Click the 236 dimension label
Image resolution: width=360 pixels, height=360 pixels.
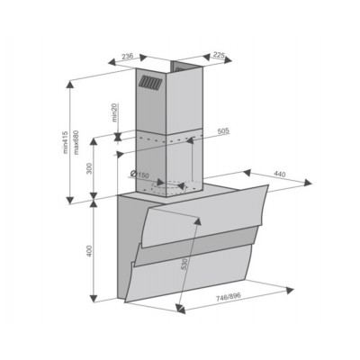tap(127, 56)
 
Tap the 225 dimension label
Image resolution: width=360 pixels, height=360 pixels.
tap(219, 54)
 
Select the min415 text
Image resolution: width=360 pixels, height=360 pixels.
tap(66, 142)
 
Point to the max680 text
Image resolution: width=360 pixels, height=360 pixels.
tap(76, 142)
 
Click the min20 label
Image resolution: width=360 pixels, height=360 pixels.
tap(115, 112)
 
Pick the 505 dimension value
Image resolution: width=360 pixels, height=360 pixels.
tap(223, 130)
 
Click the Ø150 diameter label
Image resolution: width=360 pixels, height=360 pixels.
tap(139, 175)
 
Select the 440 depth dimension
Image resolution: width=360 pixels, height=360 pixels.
tap(280, 174)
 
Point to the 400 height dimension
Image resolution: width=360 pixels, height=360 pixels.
tap(89, 251)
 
